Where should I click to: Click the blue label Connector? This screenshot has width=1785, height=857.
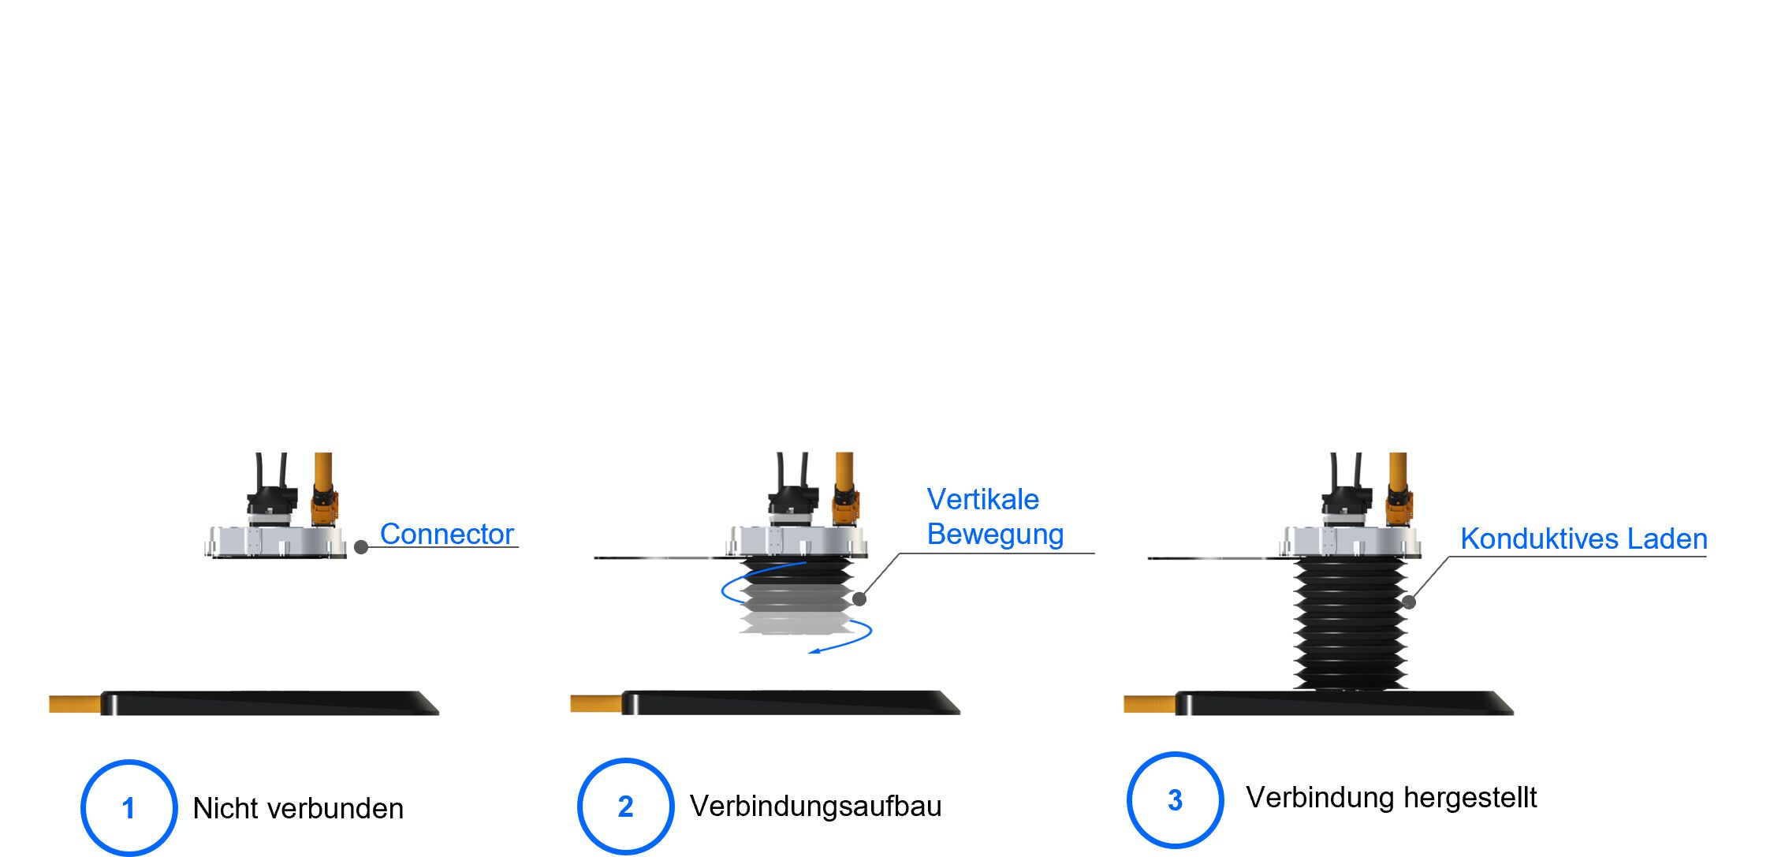[x=446, y=534]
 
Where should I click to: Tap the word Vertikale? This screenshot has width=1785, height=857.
[x=982, y=499]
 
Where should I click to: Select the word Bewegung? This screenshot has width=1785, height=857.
[x=995, y=534]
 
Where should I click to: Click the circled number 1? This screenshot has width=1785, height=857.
[x=129, y=807]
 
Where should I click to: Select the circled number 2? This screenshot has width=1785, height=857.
[x=625, y=806]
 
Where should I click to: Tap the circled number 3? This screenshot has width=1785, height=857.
[x=1175, y=799]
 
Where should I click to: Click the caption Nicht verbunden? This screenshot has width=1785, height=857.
[x=298, y=808]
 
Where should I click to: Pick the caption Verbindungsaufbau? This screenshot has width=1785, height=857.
[x=815, y=806]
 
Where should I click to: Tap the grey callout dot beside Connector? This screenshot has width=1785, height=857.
[x=361, y=547]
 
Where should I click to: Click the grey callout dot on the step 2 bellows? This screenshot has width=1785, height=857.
[x=859, y=599]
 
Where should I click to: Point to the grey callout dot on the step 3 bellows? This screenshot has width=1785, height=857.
[x=1409, y=602]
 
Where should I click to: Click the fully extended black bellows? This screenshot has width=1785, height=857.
[x=1350, y=623]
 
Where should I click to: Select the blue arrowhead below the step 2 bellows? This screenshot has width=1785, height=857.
[x=815, y=650]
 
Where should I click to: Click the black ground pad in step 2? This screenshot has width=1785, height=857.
[x=788, y=702]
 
